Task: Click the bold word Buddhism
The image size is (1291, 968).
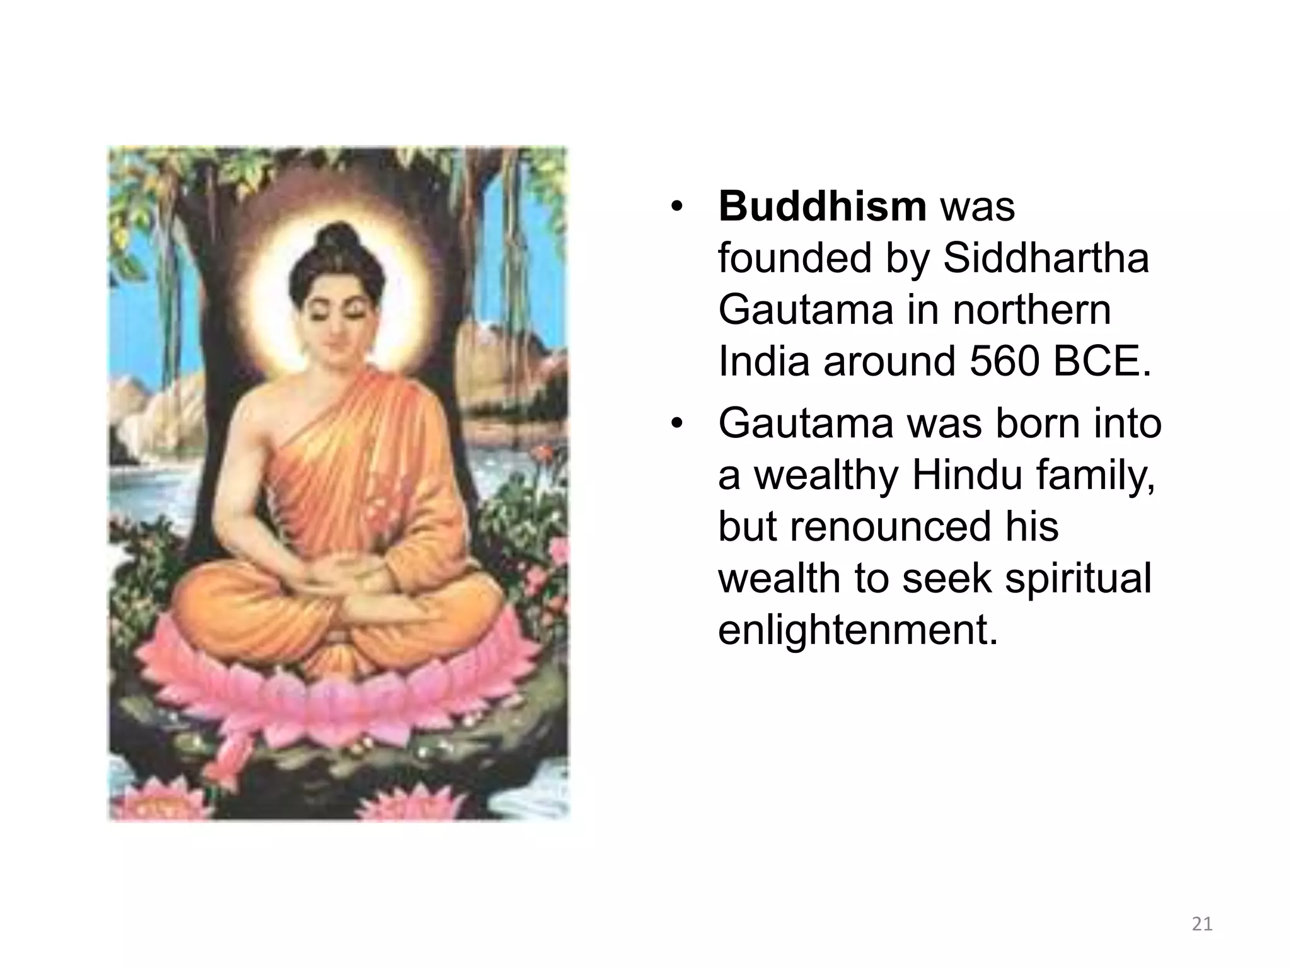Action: [x=822, y=207]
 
